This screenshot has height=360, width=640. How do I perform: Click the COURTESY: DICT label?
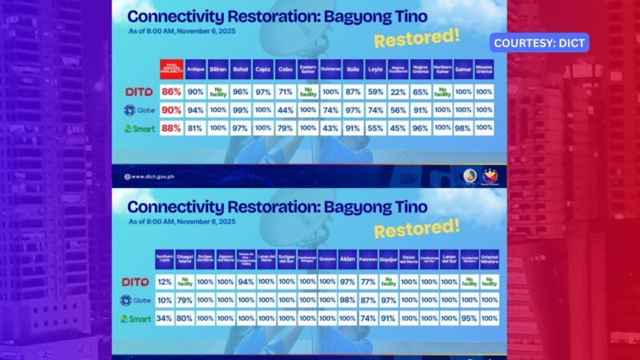[x=541, y=42]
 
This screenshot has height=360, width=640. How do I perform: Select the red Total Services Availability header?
[x=172, y=69]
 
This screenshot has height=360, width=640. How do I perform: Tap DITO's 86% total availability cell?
[x=172, y=93]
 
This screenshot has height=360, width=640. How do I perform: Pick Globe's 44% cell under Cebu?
[x=286, y=110]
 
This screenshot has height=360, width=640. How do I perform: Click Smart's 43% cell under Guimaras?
[x=330, y=126]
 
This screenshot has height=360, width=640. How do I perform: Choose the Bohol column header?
[x=241, y=69]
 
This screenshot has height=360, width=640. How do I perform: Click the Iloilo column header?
[x=352, y=69]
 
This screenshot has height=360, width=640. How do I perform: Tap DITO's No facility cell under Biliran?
[x=218, y=93]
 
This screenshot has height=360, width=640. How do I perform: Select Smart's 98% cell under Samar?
[x=462, y=126]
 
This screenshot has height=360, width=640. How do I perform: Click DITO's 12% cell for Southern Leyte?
[x=164, y=282]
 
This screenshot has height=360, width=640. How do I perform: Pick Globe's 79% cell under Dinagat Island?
[x=184, y=301]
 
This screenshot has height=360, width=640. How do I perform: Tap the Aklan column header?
[x=347, y=260]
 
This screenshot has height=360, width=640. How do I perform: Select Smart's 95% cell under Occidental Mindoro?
[x=469, y=318]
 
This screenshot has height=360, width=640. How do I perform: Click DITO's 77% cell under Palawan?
[x=368, y=282]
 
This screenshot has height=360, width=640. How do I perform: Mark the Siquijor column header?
[x=388, y=260]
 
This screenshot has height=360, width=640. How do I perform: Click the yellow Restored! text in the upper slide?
[x=408, y=40]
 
